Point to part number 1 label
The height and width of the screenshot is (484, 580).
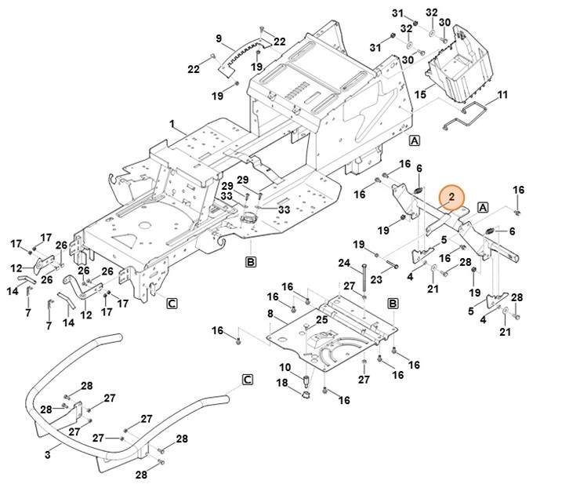tap(172, 123)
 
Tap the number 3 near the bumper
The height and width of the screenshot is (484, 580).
tap(47, 453)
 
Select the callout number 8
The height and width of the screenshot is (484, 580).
tap(270, 314)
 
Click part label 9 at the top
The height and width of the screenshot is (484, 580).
tap(219, 38)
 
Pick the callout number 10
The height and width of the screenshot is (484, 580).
tap(285, 366)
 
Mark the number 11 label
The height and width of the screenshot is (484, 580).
tap(502, 95)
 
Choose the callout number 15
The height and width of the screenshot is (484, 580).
tap(420, 94)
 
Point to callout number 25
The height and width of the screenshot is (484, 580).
tap(321, 319)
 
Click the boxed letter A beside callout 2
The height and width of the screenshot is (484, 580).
tap(483, 207)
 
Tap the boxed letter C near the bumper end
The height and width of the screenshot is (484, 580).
tap(247, 380)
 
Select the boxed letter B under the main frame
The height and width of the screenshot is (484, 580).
tap(251, 262)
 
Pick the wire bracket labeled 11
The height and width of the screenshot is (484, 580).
tap(466, 118)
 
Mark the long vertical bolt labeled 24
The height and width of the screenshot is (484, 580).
tap(364, 279)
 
